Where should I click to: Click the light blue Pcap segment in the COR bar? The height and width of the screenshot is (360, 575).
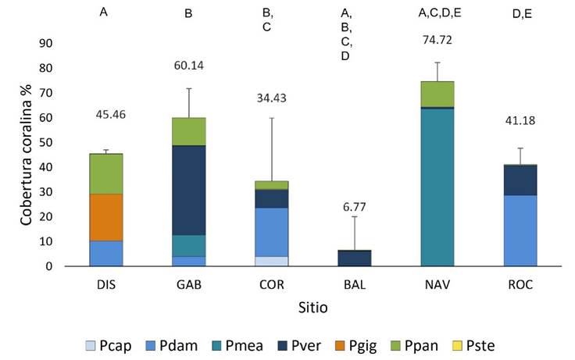click(x=271, y=261)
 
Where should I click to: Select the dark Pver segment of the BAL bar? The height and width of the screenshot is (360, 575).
click(x=354, y=258)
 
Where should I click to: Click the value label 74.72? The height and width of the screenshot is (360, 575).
click(x=437, y=40)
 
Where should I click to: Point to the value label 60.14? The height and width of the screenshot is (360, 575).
click(x=188, y=66)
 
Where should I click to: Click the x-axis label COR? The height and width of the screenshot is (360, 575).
click(x=271, y=285)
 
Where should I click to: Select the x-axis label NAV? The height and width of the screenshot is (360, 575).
click(x=437, y=285)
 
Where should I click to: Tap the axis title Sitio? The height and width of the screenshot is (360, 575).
click(x=312, y=308)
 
